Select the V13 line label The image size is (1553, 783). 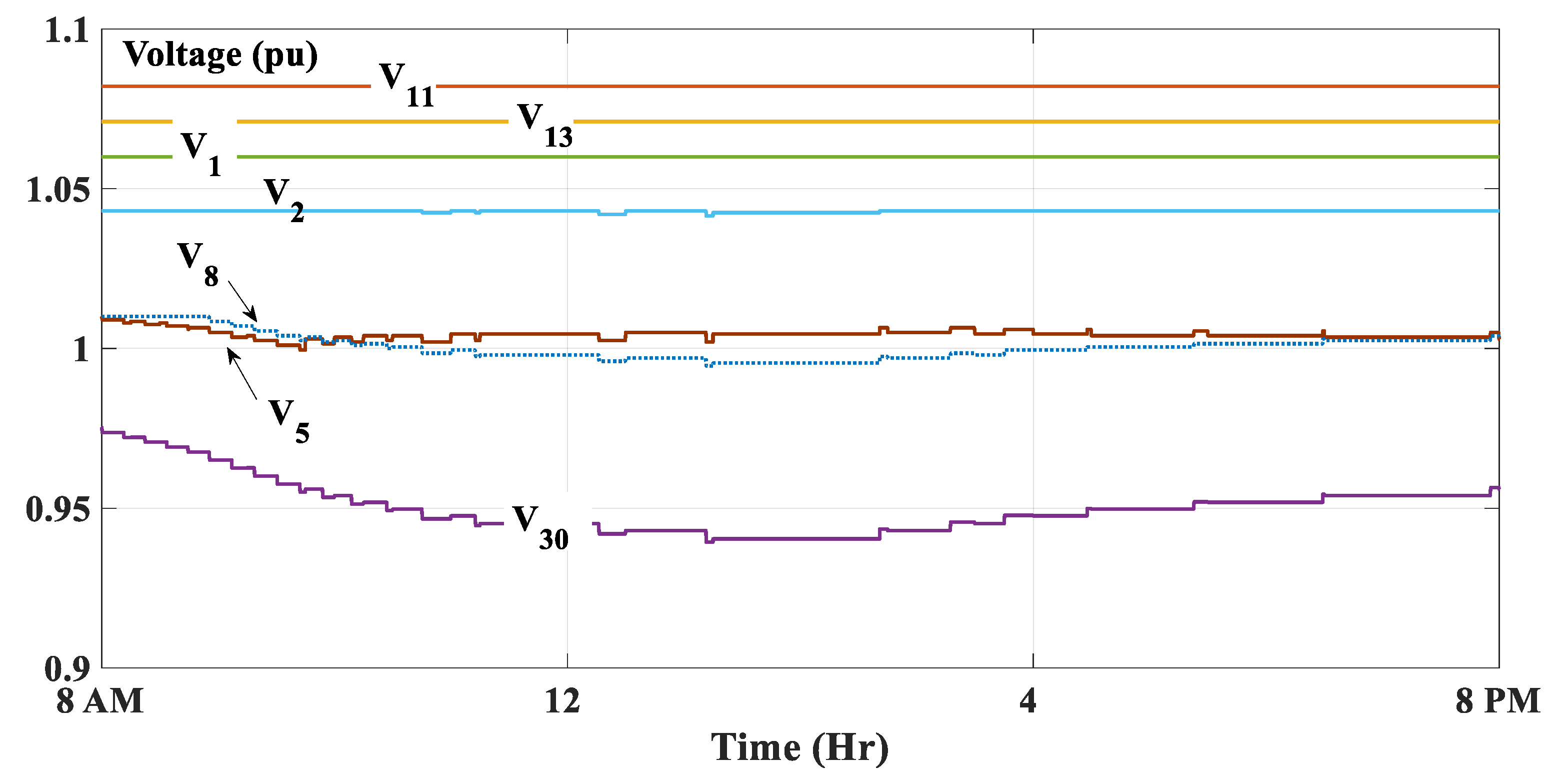pos(544,126)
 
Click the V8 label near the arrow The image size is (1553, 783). pos(197,264)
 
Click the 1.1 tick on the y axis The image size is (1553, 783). pos(67,30)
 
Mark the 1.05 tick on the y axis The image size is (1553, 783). pos(58,190)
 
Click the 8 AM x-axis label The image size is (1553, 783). pos(100,701)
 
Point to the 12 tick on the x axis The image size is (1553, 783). pos(562,701)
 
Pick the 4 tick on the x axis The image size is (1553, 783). pos(1028,701)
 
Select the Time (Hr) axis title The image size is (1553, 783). pos(799,748)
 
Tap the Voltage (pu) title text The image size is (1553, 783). pos(220,56)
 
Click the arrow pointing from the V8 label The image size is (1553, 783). pos(242,300)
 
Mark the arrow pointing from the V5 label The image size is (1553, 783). pos(242,373)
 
